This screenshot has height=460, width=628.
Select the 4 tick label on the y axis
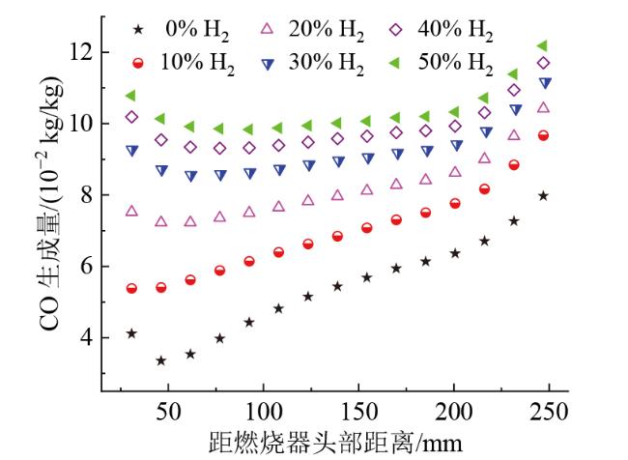[86, 337]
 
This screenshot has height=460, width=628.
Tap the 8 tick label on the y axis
[86, 194]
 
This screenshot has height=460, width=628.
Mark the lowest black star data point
[161, 360]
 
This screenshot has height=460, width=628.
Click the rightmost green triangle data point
[542, 45]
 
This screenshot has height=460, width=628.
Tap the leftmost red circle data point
[131, 288]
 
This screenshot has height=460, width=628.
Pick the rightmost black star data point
[543, 195]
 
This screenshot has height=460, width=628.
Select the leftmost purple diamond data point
[131, 117]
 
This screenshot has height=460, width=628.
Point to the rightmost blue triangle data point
[544, 83]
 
